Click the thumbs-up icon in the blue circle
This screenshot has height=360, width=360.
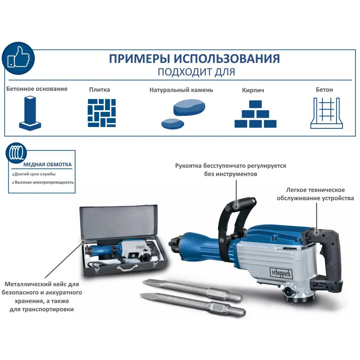(19, 57)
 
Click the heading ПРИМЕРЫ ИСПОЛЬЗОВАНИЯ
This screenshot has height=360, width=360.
(194, 59)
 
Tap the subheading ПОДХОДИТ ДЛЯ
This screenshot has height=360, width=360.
(196, 72)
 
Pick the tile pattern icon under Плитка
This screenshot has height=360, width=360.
(102, 113)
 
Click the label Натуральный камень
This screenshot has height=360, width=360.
(181, 90)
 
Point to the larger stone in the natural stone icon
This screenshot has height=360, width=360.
(189, 107)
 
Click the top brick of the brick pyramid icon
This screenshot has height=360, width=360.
(255, 104)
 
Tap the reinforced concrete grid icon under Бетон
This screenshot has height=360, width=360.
(327, 113)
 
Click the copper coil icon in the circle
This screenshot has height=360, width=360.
(16, 153)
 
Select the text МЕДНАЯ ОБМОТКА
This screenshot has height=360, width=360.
(48, 165)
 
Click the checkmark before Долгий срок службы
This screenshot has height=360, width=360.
(13, 175)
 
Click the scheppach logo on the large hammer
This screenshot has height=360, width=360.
(281, 273)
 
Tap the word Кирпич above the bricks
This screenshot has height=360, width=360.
(253, 90)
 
